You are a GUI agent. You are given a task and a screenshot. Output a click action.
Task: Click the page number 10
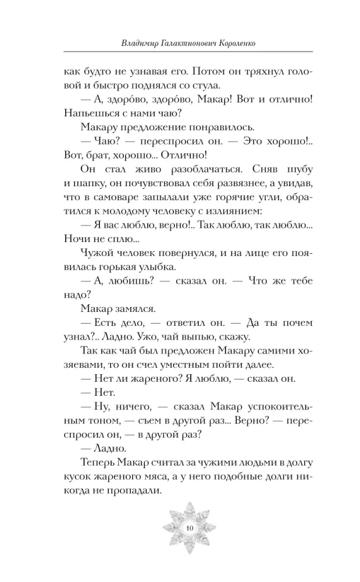(190, 527)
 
